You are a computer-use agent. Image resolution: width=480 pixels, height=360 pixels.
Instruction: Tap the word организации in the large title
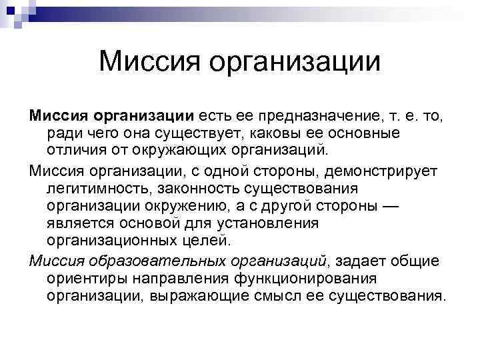(293, 63)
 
